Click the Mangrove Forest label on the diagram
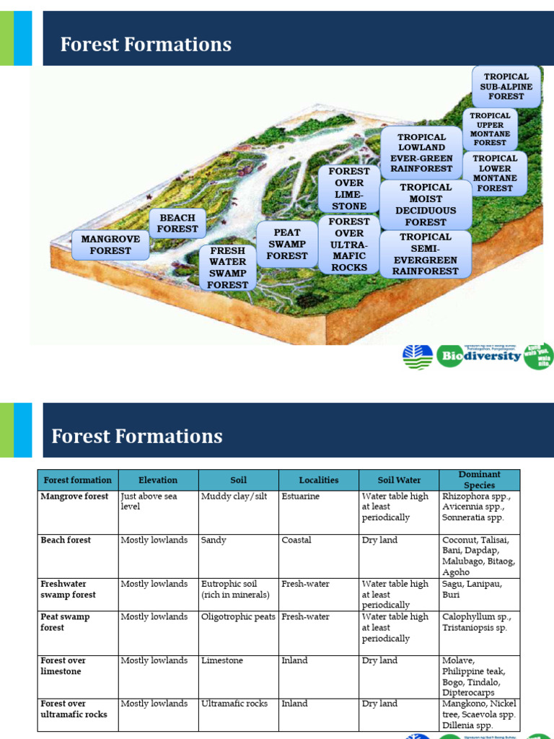click(110, 245)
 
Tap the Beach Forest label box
click(177, 223)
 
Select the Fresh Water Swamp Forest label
click(228, 268)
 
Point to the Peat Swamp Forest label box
click(287, 245)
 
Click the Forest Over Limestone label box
click(349, 189)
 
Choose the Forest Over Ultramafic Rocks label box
click(349, 245)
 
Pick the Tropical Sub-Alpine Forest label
click(506, 87)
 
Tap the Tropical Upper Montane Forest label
click(491, 129)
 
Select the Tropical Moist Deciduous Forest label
click(426, 205)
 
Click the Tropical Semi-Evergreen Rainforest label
click(426, 254)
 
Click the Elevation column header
click(158, 480)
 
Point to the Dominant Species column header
click(480, 480)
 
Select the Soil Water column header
click(399, 480)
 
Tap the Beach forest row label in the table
click(66, 541)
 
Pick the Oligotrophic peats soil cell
click(239, 617)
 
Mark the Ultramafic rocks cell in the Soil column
click(234, 704)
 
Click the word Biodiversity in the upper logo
click(481, 356)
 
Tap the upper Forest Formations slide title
click(146, 45)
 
